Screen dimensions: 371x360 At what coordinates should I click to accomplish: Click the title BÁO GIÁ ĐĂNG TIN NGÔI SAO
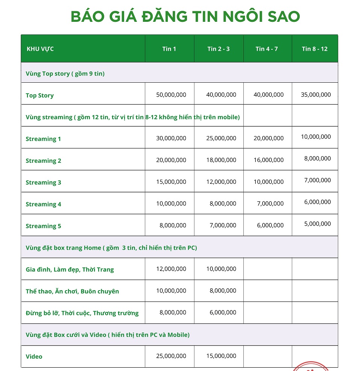185,17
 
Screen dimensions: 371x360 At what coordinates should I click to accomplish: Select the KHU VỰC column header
40,49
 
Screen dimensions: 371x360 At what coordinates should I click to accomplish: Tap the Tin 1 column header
169,49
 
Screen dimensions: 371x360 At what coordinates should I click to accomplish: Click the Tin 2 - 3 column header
219,49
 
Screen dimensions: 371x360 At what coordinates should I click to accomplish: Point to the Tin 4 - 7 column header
267,49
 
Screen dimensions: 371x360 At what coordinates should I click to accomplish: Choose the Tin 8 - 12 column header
314,49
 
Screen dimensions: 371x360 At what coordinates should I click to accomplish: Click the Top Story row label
39,95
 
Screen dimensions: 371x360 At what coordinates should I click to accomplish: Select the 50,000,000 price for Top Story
171,95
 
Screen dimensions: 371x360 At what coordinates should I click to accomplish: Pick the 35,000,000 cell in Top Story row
316,95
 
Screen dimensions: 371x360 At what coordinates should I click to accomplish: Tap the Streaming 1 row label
43,139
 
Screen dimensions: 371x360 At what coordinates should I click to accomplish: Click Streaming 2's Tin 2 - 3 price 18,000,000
221,160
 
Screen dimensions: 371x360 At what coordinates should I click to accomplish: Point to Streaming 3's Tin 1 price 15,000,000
171,182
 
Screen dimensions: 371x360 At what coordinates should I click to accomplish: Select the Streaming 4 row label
43,204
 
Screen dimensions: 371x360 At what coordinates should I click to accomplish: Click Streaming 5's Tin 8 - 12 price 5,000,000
317,224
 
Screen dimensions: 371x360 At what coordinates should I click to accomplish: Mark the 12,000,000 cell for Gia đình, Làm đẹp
171,269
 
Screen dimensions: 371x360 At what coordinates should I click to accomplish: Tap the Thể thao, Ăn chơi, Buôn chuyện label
72,291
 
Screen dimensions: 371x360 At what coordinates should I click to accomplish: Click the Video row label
34,357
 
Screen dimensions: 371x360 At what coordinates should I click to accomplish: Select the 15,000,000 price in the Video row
221,356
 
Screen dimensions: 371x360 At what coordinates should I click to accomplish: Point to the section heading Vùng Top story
65,74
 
